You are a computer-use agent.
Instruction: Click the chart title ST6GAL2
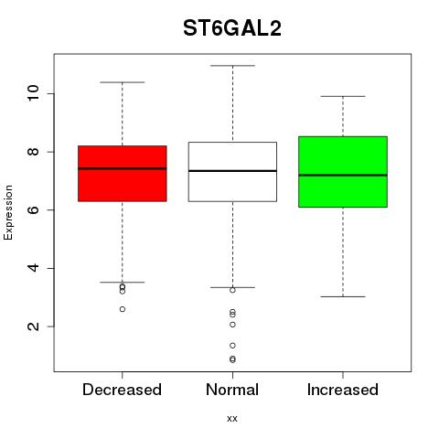pyautogui.click(x=232, y=28)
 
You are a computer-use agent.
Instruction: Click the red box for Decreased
pyautogui.click(x=123, y=174)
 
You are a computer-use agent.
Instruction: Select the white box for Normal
pyautogui.click(x=232, y=172)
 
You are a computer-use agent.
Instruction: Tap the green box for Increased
pyautogui.click(x=343, y=172)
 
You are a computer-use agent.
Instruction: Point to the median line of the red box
pyautogui.click(x=123, y=168)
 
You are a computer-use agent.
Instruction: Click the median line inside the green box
pyautogui.click(x=343, y=176)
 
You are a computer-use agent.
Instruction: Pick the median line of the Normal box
pyautogui.click(x=232, y=171)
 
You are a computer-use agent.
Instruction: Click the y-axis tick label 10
pyautogui.click(x=33, y=93)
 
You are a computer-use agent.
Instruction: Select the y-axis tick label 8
pyautogui.click(x=33, y=152)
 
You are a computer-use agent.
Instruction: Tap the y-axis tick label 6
pyautogui.click(x=33, y=209)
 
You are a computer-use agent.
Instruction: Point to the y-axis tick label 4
pyautogui.click(x=33, y=268)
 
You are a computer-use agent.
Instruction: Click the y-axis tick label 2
pyautogui.click(x=33, y=327)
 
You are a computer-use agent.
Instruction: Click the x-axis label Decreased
pyautogui.click(x=122, y=390)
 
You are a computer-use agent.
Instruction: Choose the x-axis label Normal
pyautogui.click(x=232, y=390)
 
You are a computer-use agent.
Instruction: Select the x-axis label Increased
pyautogui.click(x=343, y=390)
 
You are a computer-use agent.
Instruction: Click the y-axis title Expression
pyautogui.click(x=8, y=212)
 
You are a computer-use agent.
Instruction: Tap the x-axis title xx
pyautogui.click(x=232, y=419)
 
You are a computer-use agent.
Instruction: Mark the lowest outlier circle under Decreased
pyautogui.click(x=123, y=309)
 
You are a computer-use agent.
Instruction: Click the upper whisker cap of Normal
pyautogui.click(x=232, y=66)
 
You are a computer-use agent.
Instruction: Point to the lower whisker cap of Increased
pyautogui.click(x=343, y=296)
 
